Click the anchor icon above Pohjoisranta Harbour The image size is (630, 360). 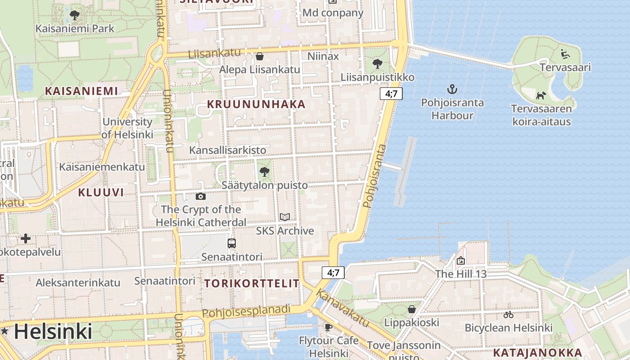(452, 89)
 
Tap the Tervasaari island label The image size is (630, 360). (565, 67)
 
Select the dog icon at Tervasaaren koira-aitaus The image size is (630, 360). (541, 95)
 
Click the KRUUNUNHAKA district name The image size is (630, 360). (256, 104)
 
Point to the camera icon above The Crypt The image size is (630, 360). (201, 196)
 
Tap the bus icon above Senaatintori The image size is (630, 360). (232, 243)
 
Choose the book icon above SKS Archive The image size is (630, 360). (284, 217)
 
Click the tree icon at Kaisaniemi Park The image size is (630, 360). (75, 15)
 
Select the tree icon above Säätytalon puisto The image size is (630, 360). (265, 171)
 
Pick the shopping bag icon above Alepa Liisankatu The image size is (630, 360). (259, 56)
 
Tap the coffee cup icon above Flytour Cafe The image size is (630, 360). (328, 327)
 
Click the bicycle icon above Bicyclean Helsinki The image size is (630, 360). (508, 315)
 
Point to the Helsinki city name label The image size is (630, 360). (53, 332)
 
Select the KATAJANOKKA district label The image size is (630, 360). (537, 352)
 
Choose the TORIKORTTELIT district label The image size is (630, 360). (252, 283)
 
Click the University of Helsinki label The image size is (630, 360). (127, 128)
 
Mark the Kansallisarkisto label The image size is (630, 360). (227, 150)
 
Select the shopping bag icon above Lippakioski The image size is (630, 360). (411, 309)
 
